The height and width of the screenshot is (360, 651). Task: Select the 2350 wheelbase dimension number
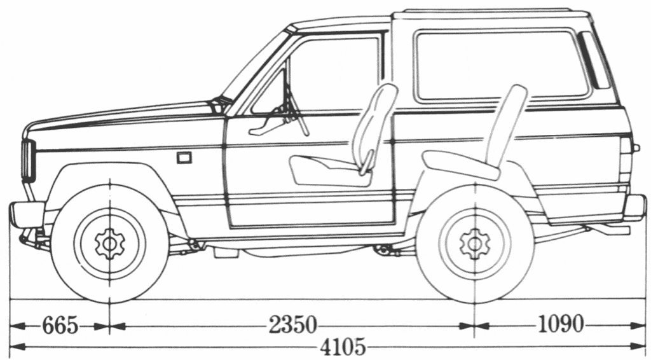tap(292, 325)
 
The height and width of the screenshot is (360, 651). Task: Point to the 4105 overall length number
tap(343, 347)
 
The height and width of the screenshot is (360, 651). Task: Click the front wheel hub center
tap(110, 242)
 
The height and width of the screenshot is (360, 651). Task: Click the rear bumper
tap(634, 207)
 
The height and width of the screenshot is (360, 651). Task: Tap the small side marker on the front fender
tap(184, 157)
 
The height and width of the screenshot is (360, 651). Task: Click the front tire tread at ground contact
tap(110, 298)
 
